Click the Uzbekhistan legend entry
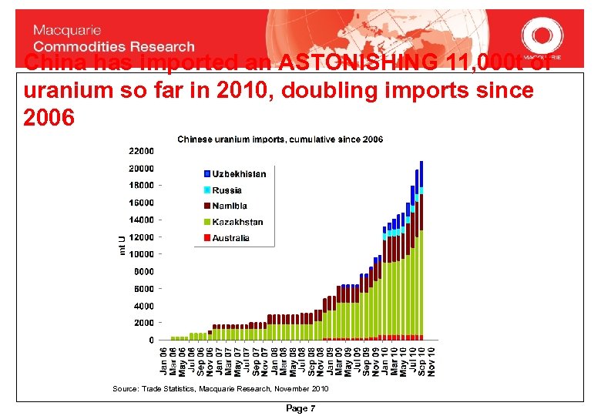[x=239, y=174]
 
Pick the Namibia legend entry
[x=230, y=206]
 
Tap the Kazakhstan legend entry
[x=237, y=222]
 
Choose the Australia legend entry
[x=231, y=238]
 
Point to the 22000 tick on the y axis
[x=141, y=151]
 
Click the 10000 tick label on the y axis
[x=141, y=254]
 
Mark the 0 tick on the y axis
[x=151, y=340]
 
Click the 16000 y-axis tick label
[x=141, y=203]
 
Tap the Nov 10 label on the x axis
[x=431, y=361]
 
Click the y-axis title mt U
[x=123, y=245]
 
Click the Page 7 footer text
[x=300, y=408]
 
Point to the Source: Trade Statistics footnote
[x=220, y=389]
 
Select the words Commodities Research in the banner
[x=114, y=46]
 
